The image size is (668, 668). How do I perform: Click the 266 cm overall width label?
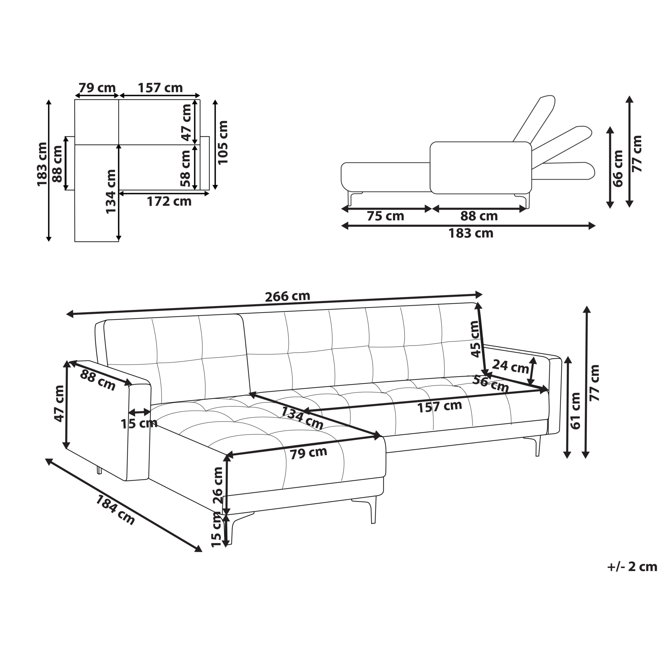pyautogui.click(x=287, y=296)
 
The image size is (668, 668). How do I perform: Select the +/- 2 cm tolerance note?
pyautogui.click(x=632, y=567)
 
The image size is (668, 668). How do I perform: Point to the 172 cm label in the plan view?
pyautogui.click(x=169, y=202)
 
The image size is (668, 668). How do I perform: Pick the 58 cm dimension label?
pyautogui.click(x=186, y=168)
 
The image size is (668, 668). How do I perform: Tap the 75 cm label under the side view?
pyautogui.click(x=385, y=216)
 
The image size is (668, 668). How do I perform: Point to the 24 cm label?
pyautogui.click(x=510, y=367)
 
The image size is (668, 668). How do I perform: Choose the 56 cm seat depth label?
pyautogui.click(x=490, y=384)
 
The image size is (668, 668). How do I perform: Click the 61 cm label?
pyautogui.click(x=575, y=411)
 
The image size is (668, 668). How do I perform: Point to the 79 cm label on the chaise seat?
pyautogui.click(x=308, y=453)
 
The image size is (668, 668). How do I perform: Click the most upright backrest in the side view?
pyautogui.click(x=534, y=119)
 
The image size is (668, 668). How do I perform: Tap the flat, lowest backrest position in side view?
pyautogui.click(x=563, y=171)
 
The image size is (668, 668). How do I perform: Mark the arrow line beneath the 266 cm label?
pyautogui.click(x=274, y=304)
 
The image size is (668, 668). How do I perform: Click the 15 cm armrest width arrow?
pyautogui.click(x=140, y=412)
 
